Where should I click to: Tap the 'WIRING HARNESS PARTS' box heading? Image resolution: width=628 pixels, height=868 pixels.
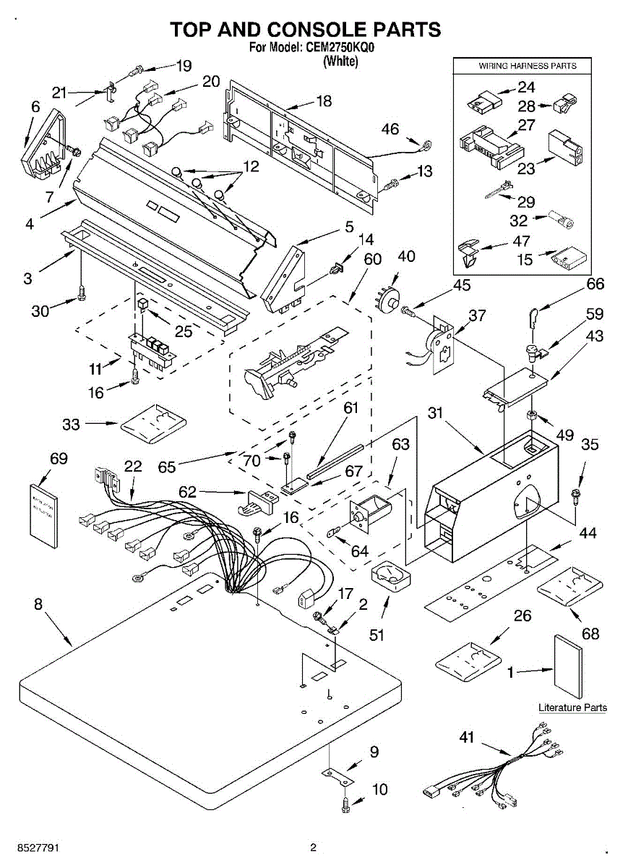click(x=528, y=66)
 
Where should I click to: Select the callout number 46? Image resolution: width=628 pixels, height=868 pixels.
click(x=390, y=129)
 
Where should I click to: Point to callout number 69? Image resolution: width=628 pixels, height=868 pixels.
click(x=59, y=459)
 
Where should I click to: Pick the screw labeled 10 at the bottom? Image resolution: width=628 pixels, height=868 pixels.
click(x=345, y=807)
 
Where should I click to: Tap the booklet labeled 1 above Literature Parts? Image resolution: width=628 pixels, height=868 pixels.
click(x=567, y=666)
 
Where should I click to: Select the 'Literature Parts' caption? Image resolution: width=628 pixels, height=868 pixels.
click(x=572, y=707)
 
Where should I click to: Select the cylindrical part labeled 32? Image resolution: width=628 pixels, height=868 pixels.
click(x=562, y=220)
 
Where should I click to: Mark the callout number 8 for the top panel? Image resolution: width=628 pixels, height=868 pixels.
click(x=38, y=604)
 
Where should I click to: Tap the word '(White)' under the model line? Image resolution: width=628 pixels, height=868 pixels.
click(x=340, y=61)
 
